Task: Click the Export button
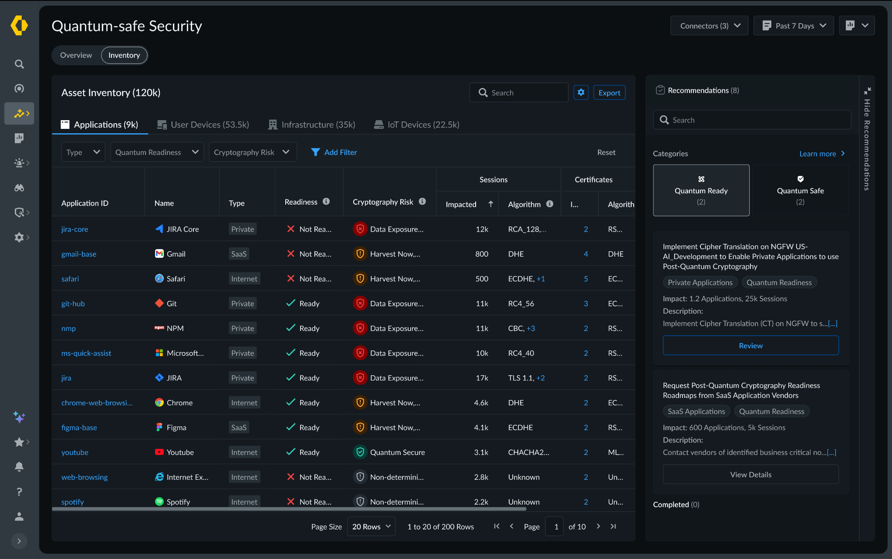[x=609, y=93]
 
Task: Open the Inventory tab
[x=124, y=55]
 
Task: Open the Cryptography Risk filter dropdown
[x=252, y=152]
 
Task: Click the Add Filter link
[x=334, y=152]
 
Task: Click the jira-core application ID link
[x=74, y=229]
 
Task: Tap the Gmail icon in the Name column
[x=159, y=254]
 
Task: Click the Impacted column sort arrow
[x=490, y=204]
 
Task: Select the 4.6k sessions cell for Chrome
[x=481, y=403]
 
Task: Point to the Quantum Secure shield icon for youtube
[x=360, y=452]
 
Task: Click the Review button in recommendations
[x=750, y=346]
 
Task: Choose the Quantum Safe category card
[x=800, y=190]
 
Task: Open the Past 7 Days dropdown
[x=794, y=26]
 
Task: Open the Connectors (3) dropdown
[x=709, y=26]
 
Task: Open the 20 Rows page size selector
[x=371, y=526]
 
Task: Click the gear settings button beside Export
[x=581, y=93]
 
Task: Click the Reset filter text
[x=606, y=152]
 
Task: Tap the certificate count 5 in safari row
[x=586, y=279]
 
